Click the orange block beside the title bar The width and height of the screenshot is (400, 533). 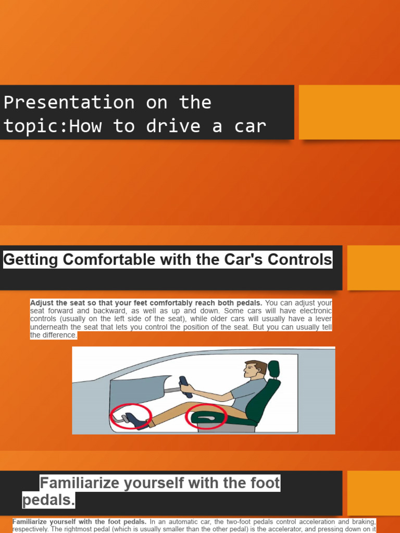click(349, 112)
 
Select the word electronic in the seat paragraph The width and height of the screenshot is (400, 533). click(313, 311)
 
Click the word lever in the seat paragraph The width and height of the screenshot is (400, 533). click(321, 319)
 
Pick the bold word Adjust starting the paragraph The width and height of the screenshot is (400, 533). click(42, 302)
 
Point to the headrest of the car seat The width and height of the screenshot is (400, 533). click(273, 369)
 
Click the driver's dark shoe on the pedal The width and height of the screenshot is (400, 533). click(136, 420)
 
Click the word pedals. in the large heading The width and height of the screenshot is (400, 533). click(48, 501)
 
